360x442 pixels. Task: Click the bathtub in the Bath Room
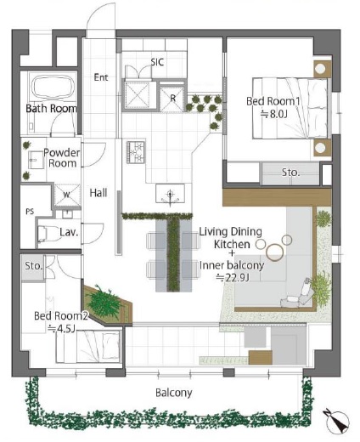pos(53,87)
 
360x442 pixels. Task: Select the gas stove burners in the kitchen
pos(136,152)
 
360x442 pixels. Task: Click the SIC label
pos(157,62)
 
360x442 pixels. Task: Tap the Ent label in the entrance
pos(101,77)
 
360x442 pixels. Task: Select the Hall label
pos(98,193)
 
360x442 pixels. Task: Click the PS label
pos(30,212)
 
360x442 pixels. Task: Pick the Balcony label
pos(174,393)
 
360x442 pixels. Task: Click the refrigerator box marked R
pos(172,97)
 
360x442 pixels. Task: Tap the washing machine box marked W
pos(67,195)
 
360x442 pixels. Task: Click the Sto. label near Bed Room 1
pos(290,172)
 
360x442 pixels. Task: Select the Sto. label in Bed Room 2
pos(34,266)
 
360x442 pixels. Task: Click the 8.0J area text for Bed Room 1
pos(273,114)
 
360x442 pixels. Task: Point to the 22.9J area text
pos(233,278)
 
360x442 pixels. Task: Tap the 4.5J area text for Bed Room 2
pos(61,329)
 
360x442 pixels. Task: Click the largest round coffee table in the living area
pos(274,252)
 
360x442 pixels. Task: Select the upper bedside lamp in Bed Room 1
pos(320,69)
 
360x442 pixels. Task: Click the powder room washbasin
pos(36,161)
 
